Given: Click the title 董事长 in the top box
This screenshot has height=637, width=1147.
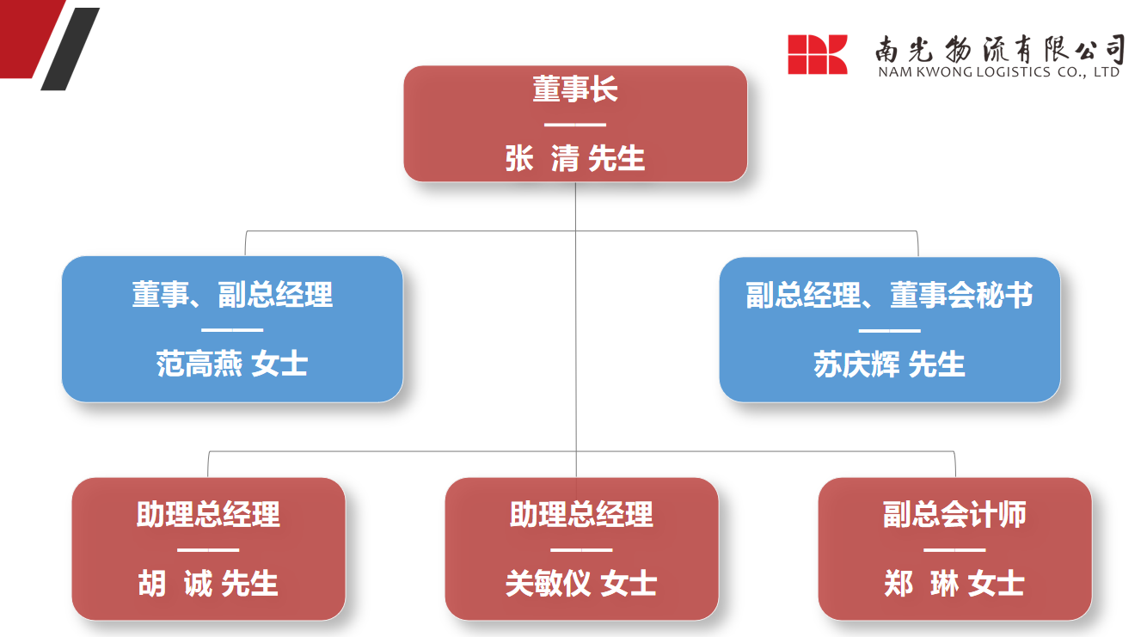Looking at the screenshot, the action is point(575,89).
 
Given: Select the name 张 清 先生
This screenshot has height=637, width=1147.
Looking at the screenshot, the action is point(575,158).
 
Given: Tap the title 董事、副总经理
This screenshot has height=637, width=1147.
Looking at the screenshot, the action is point(232,295).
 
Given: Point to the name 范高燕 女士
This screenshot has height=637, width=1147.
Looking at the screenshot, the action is point(232,364).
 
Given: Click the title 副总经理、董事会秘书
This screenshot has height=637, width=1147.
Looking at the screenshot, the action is point(889,296).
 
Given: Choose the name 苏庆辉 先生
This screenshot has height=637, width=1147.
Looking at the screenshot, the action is point(889,364).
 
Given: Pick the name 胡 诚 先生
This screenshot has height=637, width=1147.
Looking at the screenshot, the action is point(208,583).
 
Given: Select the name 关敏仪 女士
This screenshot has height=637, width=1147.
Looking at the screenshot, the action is point(581,583).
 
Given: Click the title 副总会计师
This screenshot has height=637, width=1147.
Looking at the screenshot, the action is point(954,514).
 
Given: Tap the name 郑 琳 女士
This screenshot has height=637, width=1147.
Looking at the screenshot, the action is point(954,583).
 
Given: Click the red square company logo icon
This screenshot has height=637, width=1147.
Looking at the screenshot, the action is point(817,54).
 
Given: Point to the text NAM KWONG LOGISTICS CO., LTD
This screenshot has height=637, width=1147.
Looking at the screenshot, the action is point(999,72).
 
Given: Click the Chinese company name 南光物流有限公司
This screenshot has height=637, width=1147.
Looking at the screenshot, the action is point(1000,49).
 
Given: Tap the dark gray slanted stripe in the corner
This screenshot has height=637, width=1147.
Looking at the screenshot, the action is point(71,49).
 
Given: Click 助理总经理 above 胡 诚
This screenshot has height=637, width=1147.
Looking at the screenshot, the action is point(208,514).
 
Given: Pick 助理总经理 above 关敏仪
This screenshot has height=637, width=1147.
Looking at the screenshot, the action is point(581,514).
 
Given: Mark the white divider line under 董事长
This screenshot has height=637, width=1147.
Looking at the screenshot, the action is point(575,125).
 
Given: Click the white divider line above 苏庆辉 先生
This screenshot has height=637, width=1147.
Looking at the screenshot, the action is point(889,331).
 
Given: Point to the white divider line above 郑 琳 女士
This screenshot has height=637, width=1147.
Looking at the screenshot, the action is point(954,550).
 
